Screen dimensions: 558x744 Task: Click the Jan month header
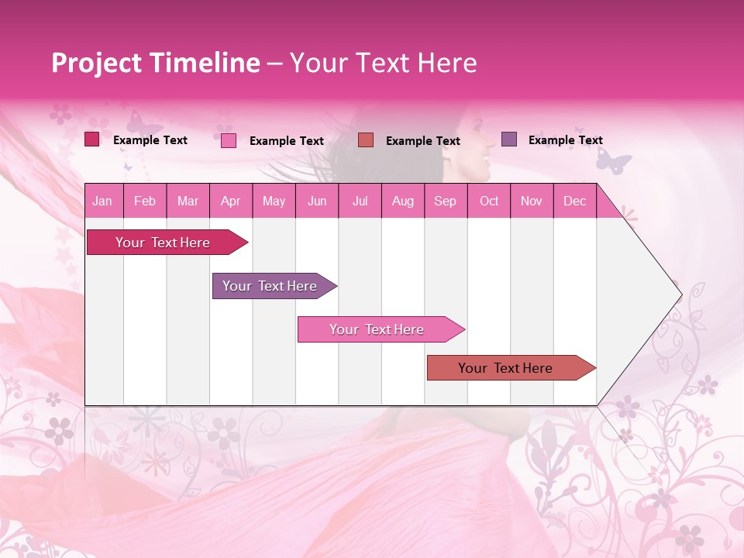pos(102,201)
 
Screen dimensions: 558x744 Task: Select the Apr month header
pos(230,201)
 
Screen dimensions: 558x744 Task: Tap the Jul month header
pos(360,201)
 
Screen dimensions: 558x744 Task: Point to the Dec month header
pos(574,201)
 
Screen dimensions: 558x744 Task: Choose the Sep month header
pos(445,201)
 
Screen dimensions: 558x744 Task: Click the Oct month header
pos(489,201)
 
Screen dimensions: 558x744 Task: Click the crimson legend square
pos(91,139)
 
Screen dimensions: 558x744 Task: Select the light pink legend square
pos(228,140)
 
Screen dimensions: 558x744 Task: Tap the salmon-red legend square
pos(366,139)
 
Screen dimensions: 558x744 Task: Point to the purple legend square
pos(508,139)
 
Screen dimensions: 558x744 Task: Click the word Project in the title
pos(97,63)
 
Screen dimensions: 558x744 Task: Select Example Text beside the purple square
pos(565,140)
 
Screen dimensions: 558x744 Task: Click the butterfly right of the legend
pos(614,161)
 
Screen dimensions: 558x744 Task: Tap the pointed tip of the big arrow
pos(680,294)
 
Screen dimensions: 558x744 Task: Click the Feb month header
pos(145,201)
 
